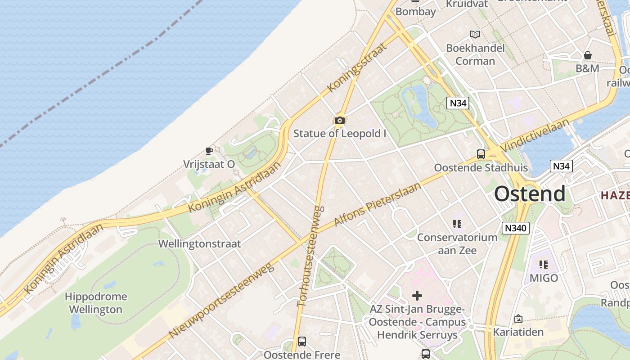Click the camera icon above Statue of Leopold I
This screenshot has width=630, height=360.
coord(340,120)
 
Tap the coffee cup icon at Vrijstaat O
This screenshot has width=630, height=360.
coord(209,150)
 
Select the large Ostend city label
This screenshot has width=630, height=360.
coord(530,194)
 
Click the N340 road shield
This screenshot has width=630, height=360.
coord(515,228)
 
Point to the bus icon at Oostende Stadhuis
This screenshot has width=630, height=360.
coord(481,154)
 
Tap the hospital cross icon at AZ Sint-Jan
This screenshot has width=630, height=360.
coord(417,296)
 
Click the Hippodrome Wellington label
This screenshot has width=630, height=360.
coord(96,303)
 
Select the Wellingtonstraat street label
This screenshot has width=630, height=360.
coord(200,244)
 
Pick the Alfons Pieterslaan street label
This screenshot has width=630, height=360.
coord(378,205)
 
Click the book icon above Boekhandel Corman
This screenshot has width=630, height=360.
coord(475,34)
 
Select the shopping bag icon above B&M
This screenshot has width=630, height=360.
coord(588,55)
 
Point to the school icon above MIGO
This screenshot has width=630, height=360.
coord(544,265)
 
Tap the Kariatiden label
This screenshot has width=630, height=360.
coord(518,332)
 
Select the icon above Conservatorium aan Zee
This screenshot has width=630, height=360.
coord(457,224)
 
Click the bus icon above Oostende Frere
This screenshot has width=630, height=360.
coord(302,342)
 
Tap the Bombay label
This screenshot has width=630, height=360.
coord(416,12)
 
